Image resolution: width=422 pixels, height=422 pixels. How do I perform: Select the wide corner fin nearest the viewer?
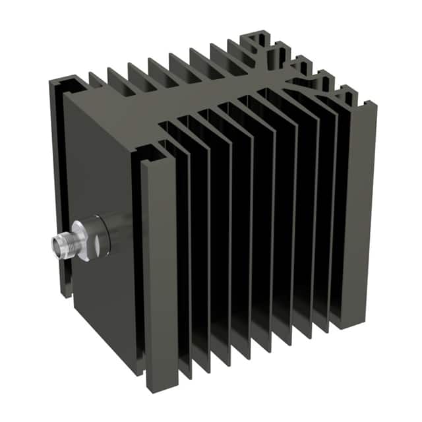tap(158, 264)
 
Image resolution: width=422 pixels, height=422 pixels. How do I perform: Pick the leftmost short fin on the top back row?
tap(99, 82)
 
